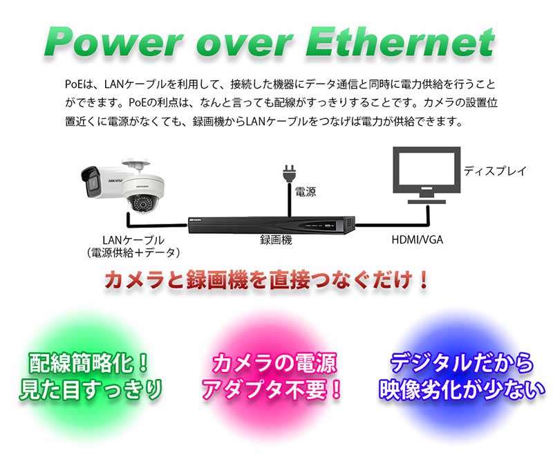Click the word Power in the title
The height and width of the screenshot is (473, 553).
tap(113, 41)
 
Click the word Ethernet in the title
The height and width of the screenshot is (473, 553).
tap(400, 41)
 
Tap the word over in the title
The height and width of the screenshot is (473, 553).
tap(245, 45)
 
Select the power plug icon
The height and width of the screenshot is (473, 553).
tap(289, 174)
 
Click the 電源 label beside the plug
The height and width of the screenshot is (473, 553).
tap(306, 192)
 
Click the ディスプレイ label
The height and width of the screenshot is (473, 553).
tap(495, 171)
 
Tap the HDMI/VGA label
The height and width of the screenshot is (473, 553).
tap(418, 240)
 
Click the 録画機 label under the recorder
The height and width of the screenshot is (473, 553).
tap(276, 240)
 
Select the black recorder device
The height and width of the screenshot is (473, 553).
tap(272, 225)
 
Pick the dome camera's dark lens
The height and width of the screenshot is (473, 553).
tap(143, 204)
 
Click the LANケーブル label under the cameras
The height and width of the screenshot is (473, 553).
tap(133, 240)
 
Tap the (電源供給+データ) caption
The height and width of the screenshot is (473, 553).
tap(133, 252)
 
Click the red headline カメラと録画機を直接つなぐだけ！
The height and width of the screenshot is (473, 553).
tap(266, 280)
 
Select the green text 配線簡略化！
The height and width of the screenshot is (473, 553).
tap(88, 363)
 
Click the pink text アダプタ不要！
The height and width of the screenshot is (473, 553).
tap(272, 389)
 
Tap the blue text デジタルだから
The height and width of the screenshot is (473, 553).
tap(462, 362)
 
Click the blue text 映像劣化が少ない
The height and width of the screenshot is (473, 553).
tap(462, 389)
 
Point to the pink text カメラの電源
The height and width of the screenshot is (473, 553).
tap(274, 363)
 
